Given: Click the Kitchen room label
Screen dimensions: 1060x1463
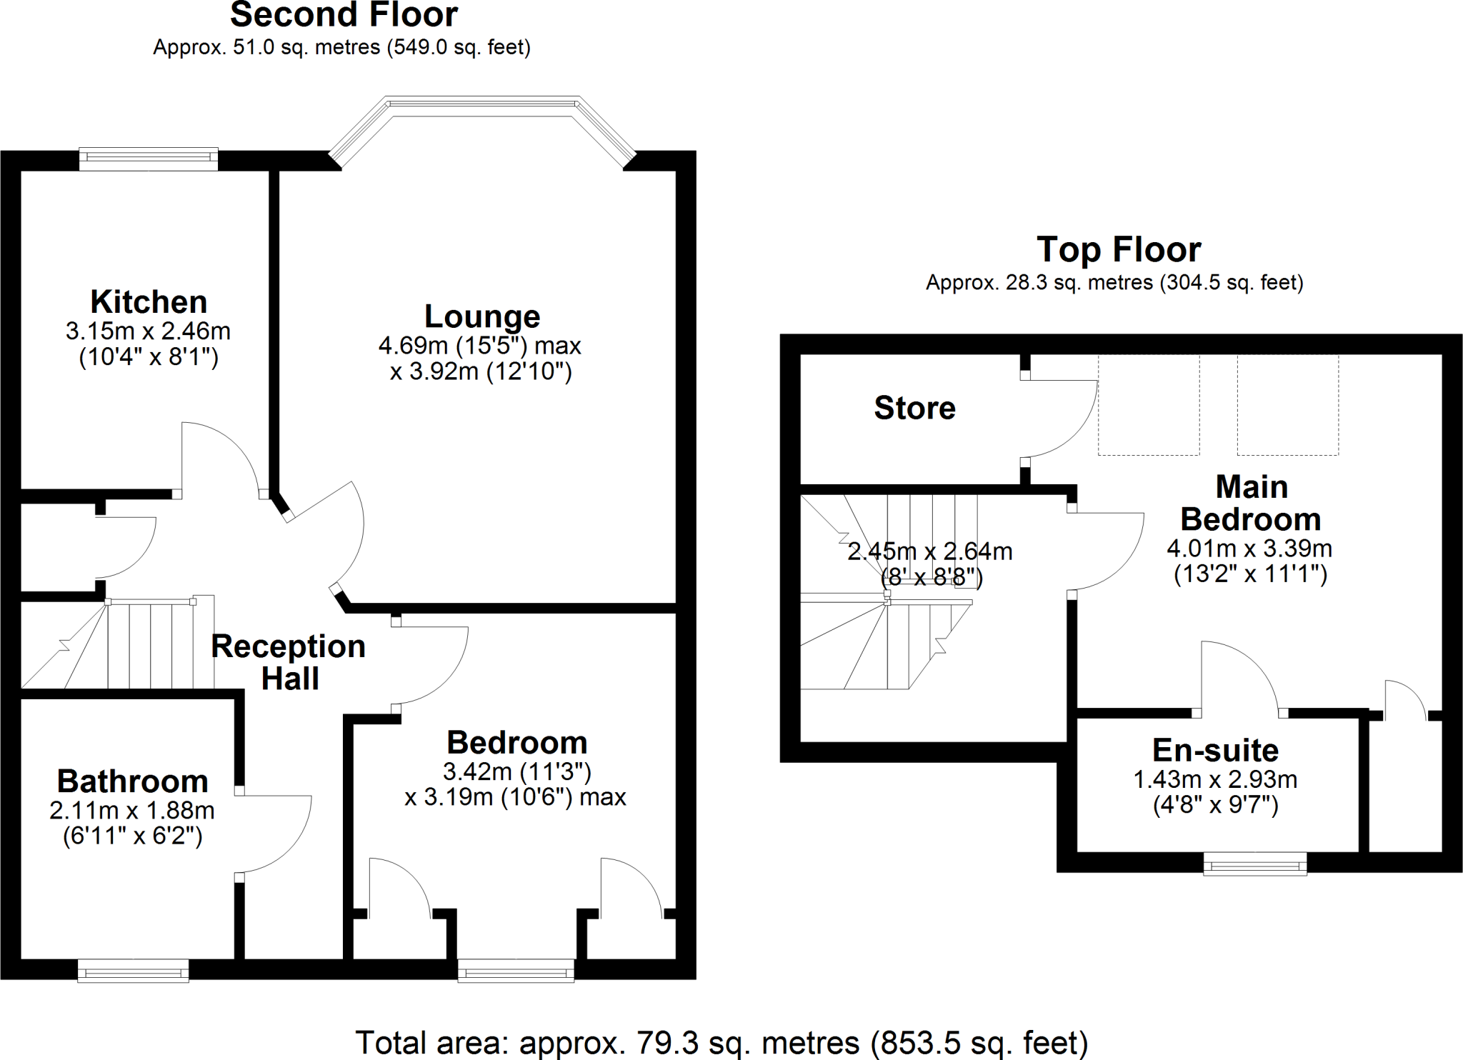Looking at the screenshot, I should pyautogui.click(x=149, y=302).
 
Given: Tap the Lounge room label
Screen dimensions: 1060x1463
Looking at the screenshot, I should pyautogui.click(x=482, y=316).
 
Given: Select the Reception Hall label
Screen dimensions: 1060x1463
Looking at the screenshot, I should pyautogui.click(x=289, y=662).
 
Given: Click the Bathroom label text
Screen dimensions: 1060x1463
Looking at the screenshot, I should pyautogui.click(x=133, y=781).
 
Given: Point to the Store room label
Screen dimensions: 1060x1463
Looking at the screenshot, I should pyautogui.click(x=914, y=408).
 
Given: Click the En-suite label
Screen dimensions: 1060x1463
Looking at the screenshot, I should pyautogui.click(x=1215, y=750).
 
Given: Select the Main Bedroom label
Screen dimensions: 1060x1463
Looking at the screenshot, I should pyautogui.click(x=1251, y=503).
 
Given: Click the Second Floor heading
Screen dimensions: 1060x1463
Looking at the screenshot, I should pyautogui.click(x=344, y=15).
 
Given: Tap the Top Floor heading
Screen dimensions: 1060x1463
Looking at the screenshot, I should pyautogui.click(x=1119, y=249).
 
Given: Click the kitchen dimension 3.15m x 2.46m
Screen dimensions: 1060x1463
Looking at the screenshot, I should pyautogui.click(x=148, y=331).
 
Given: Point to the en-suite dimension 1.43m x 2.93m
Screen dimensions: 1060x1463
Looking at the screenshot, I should pyautogui.click(x=1215, y=779).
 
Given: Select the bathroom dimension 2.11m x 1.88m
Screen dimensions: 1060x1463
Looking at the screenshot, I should pyautogui.click(x=132, y=811).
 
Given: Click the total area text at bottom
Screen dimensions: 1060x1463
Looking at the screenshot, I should pyautogui.click(x=721, y=1042).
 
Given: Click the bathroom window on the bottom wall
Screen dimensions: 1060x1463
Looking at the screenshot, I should pyautogui.click(x=133, y=971).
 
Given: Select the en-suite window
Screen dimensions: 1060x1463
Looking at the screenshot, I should pyautogui.click(x=1255, y=864).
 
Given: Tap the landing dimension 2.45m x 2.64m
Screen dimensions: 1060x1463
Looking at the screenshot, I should pyautogui.click(x=929, y=551).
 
